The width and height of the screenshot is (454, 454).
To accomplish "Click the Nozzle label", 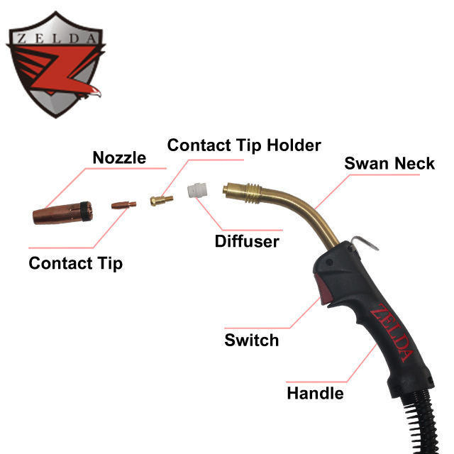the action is [119, 157].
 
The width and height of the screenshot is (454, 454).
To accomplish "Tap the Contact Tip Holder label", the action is [244, 145].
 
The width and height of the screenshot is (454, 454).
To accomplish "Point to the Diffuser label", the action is [247, 241].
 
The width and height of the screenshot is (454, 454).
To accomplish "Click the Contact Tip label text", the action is [75, 263].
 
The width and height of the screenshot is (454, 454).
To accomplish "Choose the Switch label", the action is [252, 340].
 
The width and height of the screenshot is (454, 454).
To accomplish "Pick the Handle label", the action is [315, 392].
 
